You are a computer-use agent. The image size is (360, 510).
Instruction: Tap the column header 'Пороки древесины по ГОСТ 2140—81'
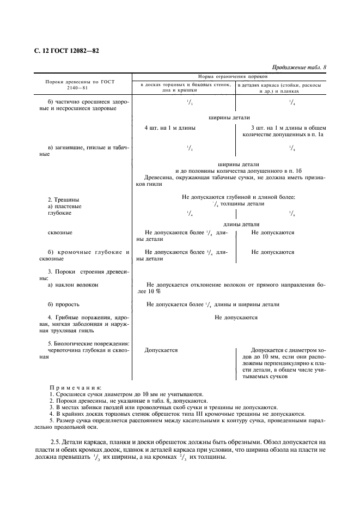(80, 84)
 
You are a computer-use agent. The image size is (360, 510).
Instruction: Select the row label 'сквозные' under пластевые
(60, 233)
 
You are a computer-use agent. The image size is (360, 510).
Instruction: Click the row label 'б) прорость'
(64, 304)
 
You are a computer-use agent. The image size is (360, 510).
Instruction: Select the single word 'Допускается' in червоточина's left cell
(161, 350)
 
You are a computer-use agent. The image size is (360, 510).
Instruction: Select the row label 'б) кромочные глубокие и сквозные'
(88, 256)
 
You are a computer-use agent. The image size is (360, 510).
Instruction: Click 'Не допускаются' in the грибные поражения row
(236, 317)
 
